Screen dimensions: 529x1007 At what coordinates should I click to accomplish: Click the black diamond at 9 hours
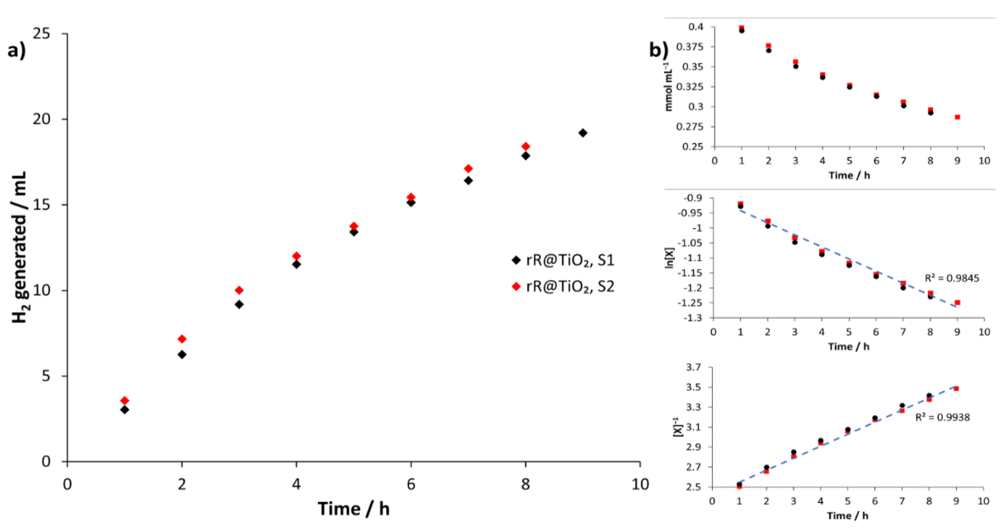[583, 133]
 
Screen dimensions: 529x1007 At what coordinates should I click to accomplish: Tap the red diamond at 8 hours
[526, 147]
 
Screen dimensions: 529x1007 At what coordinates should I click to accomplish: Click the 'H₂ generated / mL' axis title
[19, 247]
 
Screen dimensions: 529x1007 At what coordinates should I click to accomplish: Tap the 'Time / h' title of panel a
[353, 509]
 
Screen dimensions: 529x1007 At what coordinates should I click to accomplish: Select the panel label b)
[659, 50]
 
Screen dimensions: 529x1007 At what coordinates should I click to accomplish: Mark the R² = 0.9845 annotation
[951, 278]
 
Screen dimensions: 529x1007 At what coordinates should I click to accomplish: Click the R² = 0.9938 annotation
[942, 417]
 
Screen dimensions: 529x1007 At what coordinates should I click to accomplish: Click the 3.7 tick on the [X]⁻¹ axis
[694, 367]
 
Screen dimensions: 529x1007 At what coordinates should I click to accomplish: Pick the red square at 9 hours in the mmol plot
[957, 117]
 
